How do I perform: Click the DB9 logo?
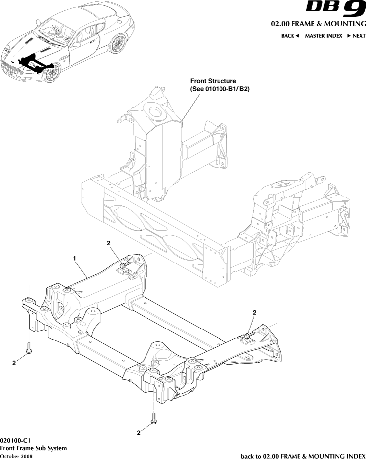336,10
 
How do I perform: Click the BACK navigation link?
290,36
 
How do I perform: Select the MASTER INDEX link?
323,36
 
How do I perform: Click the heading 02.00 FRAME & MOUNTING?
318,24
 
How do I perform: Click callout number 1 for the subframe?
74,258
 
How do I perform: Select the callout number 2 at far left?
14,363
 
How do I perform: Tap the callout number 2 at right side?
254,312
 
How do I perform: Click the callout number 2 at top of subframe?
108,243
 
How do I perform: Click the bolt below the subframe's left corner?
29,348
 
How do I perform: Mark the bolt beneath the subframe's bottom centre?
154,418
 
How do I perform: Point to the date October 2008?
16,456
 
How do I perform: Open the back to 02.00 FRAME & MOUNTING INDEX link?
303,456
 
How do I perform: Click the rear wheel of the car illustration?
118,44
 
